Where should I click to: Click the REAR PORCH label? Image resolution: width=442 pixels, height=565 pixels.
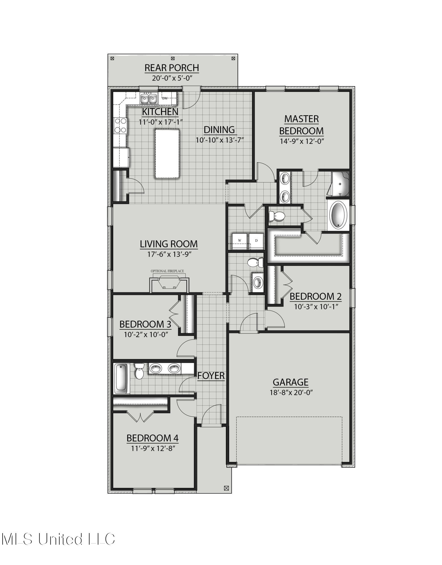[172, 68]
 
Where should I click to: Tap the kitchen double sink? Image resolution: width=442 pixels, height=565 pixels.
[149, 98]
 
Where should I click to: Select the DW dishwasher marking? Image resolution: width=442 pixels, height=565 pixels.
[165, 98]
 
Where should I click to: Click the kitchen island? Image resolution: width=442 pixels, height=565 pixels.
[167, 153]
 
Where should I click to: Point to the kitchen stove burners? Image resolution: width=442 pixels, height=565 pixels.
[120, 125]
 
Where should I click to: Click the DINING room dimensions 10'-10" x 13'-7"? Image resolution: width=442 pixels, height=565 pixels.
[220, 140]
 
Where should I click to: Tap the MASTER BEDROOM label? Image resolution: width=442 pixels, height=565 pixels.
[301, 125]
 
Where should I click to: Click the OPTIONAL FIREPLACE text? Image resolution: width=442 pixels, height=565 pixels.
[167, 271]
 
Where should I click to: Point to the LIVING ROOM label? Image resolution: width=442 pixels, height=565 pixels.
[169, 244]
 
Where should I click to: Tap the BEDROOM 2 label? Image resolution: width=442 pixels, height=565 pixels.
[316, 296]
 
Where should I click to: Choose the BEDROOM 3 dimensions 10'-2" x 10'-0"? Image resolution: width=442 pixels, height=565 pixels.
[146, 334]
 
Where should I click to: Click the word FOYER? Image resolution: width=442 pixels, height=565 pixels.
[211, 376]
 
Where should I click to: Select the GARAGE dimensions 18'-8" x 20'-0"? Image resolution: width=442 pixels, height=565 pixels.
[290, 392]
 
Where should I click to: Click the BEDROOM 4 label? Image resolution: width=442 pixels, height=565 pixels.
[152, 438]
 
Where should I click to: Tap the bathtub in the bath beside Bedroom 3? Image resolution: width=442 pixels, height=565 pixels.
[122, 379]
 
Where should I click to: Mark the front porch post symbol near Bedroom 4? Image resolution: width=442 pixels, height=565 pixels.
[226, 488]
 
